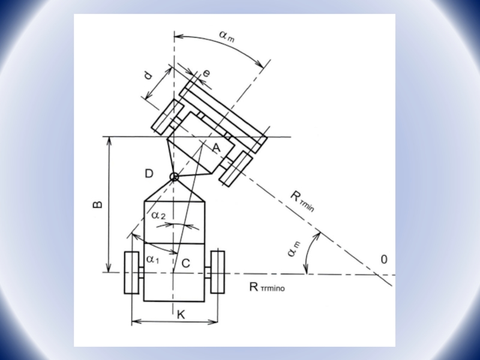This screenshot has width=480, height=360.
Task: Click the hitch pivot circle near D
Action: [174, 176]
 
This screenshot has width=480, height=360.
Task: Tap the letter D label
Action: [149, 174]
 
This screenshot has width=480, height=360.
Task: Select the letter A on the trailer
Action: [216, 148]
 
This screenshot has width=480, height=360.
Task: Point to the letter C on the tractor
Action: [186, 263]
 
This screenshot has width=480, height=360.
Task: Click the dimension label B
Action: [97, 204]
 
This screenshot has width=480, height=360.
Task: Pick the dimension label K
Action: [181, 314]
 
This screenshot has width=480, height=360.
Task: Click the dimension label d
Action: [148, 75]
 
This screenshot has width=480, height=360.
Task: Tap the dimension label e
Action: [207, 73]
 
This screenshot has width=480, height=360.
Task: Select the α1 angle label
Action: [153, 260]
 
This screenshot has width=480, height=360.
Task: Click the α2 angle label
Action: [158, 215]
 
